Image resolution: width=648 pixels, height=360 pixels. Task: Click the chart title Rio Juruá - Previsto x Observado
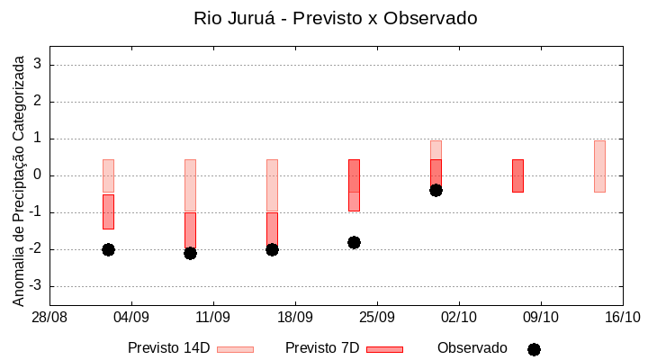pos(336,18)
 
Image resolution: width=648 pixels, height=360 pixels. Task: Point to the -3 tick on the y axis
pos(36,286)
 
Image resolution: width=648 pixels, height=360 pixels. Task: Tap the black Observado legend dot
pos(534,349)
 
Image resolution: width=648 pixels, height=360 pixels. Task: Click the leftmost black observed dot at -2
pos(108,249)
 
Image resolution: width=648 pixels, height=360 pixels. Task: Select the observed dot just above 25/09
pos(354,242)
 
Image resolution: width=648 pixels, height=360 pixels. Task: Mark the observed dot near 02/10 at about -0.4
pos(436,190)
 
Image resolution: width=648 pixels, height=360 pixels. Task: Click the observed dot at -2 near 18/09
pos(272,249)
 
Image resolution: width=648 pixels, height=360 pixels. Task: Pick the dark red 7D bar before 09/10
pos(517,175)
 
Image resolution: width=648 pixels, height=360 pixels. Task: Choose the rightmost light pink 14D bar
pos(599,166)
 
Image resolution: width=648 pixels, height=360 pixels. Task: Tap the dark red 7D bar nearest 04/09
pos(108,211)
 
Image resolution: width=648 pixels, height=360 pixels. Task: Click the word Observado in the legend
pos(472,348)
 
